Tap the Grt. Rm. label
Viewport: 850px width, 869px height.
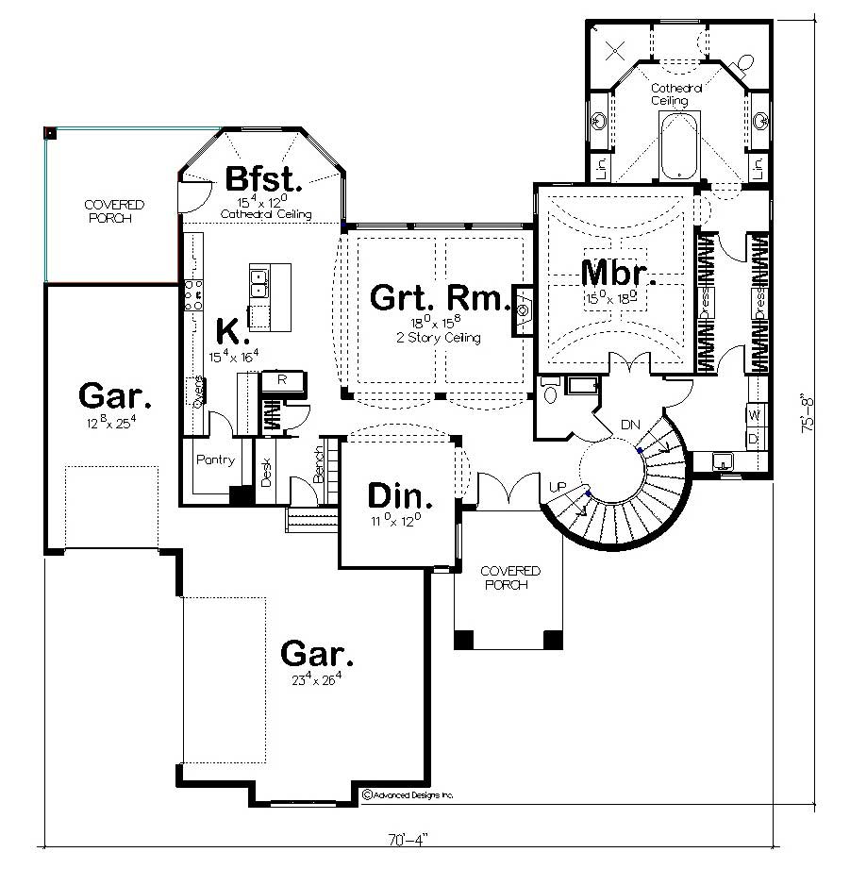pos(439,297)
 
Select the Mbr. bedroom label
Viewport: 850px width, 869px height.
pos(618,273)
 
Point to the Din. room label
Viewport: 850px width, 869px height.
pos(400,496)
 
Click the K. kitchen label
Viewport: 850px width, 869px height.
pos(232,332)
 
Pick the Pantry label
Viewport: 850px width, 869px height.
pos(215,460)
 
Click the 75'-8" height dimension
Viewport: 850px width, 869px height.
pos(808,413)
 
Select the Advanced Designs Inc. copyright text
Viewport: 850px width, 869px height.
pos(408,795)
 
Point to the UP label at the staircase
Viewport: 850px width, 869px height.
pos(558,486)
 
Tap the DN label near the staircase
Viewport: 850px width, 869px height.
pos(629,426)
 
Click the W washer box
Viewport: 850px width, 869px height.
pos(754,413)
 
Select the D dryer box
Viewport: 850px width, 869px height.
pos(754,438)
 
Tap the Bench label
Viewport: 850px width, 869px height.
pos(318,463)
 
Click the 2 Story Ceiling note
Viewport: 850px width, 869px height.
pos(439,338)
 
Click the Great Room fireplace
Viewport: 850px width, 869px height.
pos(523,310)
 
